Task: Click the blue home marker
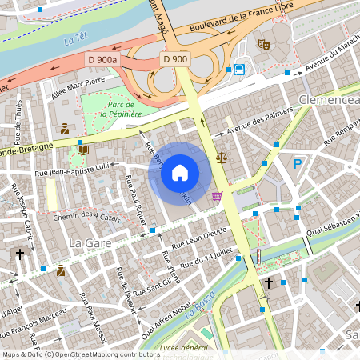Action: coord(180,172)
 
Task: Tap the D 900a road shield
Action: coord(102,59)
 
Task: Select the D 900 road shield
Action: coord(175,59)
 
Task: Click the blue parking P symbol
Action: coord(298,164)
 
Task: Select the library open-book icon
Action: coord(83,149)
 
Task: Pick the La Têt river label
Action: coord(76,38)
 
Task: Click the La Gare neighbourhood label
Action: coord(88,242)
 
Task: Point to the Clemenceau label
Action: coord(328,100)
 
